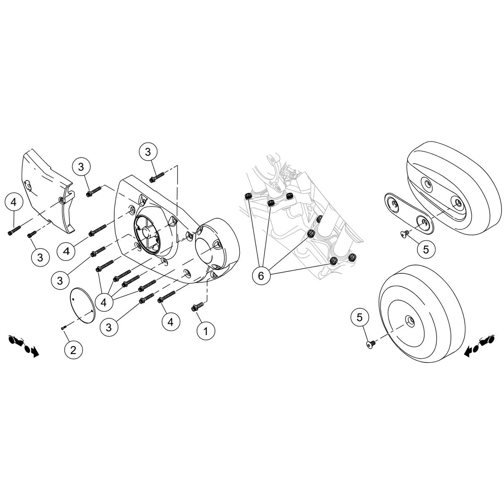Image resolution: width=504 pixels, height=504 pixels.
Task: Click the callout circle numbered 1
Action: tap(206, 331)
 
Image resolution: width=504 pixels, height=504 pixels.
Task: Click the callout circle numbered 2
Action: tap(73, 349)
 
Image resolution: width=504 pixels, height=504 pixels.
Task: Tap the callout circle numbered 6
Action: tap(261, 276)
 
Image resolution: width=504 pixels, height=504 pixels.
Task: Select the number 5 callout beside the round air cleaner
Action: tap(360, 318)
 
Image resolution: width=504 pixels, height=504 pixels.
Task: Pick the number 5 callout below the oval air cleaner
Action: tap(426, 249)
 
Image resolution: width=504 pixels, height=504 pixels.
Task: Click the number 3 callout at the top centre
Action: tap(148, 152)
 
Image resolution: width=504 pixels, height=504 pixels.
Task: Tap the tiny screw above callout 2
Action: tap(63, 327)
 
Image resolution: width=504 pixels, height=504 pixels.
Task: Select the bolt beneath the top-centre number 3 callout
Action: tap(156, 178)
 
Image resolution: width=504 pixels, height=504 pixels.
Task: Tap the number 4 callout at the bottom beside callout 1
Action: tap(171, 322)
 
